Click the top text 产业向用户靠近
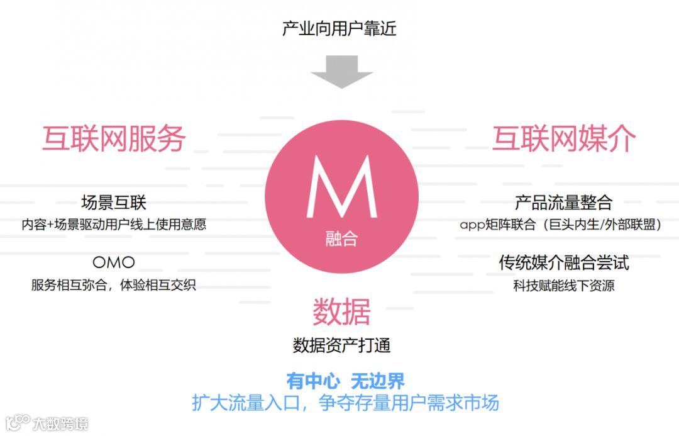[x=339, y=29]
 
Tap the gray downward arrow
[x=341, y=70]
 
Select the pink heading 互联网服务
[x=114, y=138]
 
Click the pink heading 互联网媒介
[x=564, y=138]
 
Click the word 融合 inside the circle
[x=341, y=239]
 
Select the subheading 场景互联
[x=114, y=203]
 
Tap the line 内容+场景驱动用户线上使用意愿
[x=114, y=224]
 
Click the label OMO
[x=114, y=262]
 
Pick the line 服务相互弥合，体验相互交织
[x=114, y=284]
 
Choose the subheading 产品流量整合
[x=563, y=203]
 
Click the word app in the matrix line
[x=473, y=225]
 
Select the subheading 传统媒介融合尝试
[x=563, y=263]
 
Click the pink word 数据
[x=341, y=312]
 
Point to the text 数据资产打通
[x=341, y=345]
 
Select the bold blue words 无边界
[x=377, y=381]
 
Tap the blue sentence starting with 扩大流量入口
[x=345, y=403]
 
